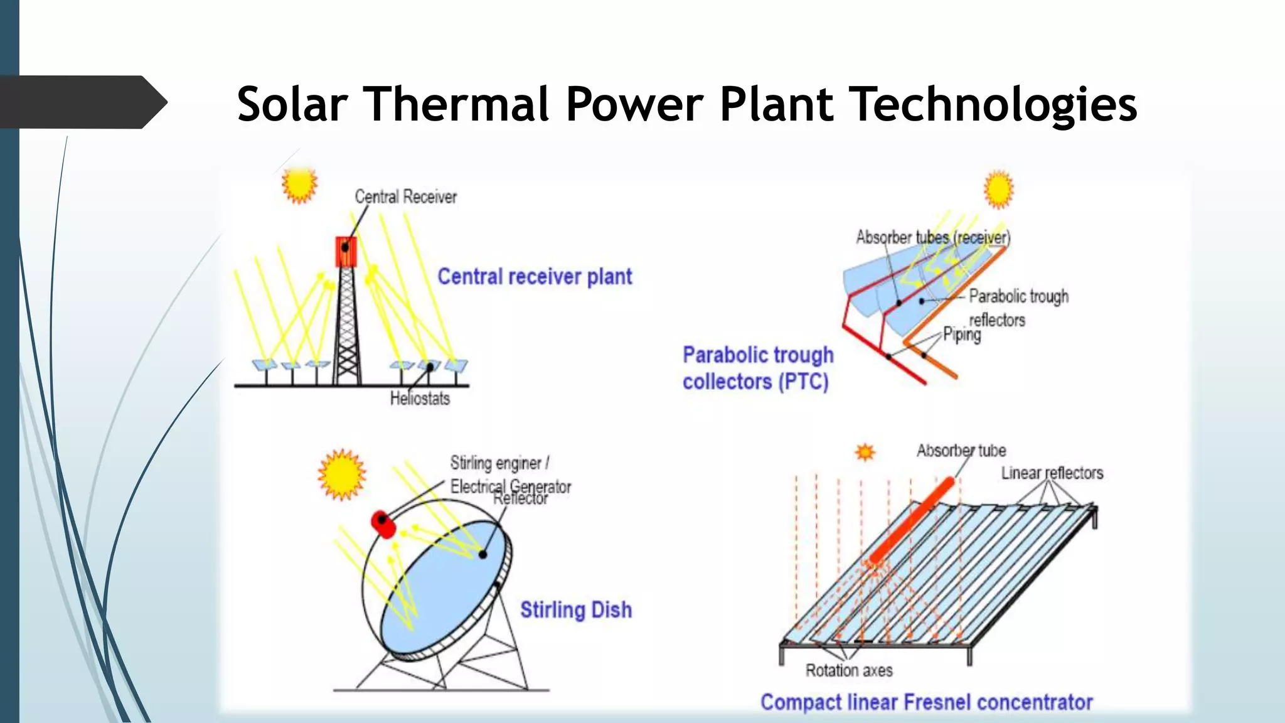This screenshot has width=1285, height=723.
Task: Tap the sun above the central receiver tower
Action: (299, 185)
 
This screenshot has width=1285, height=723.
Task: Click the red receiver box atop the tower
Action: (346, 252)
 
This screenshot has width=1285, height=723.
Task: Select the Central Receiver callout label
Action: (405, 197)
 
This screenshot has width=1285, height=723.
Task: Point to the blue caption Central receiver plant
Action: (534, 277)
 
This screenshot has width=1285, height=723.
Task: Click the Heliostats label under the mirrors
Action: (420, 399)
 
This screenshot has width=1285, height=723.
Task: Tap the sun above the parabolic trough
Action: (998, 190)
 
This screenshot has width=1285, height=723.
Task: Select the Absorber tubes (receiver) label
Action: (933, 238)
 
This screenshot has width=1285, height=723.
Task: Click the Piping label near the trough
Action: (962, 335)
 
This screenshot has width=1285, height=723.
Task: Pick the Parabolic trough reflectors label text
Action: (1017, 308)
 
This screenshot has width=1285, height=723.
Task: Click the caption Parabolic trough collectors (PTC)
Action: (757, 368)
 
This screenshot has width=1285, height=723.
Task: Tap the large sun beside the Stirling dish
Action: (341, 474)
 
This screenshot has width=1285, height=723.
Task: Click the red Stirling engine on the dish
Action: (383, 523)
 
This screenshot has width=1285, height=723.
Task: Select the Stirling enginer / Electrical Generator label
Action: (509, 474)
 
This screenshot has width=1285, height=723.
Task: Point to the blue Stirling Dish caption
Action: (575, 610)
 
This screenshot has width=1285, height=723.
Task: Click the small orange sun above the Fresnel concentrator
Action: (865, 452)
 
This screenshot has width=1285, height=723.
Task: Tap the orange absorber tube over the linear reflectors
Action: (912, 521)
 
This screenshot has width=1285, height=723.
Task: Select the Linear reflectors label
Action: (1052, 473)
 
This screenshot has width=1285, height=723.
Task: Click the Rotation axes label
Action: (849, 671)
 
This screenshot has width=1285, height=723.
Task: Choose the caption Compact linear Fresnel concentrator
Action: (926, 702)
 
